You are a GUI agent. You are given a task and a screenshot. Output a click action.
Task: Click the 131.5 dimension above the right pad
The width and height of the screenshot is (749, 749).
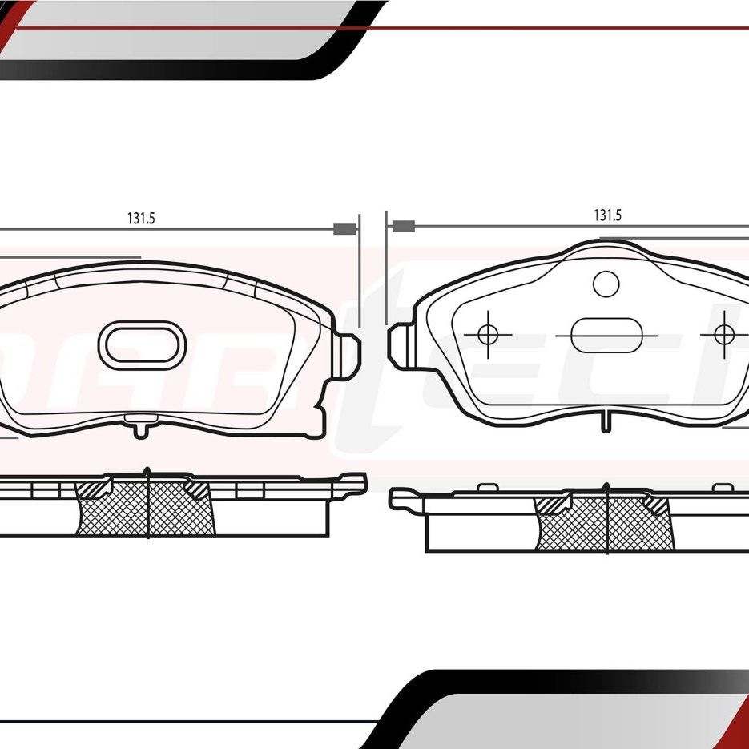(x=607, y=215)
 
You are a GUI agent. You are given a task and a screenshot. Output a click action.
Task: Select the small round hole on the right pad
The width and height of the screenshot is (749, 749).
(x=606, y=283)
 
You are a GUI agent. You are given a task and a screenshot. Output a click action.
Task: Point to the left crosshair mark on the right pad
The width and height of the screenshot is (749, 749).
(x=487, y=334)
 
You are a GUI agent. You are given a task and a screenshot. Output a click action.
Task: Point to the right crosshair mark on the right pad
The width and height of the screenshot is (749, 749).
(x=724, y=334)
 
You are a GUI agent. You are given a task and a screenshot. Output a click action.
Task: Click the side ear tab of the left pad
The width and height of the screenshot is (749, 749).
(x=349, y=352)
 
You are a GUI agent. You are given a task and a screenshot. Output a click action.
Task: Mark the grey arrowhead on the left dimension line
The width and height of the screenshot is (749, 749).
(x=344, y=229)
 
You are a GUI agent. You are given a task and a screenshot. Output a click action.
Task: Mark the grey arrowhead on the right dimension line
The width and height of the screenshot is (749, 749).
(x=402, y=227)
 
